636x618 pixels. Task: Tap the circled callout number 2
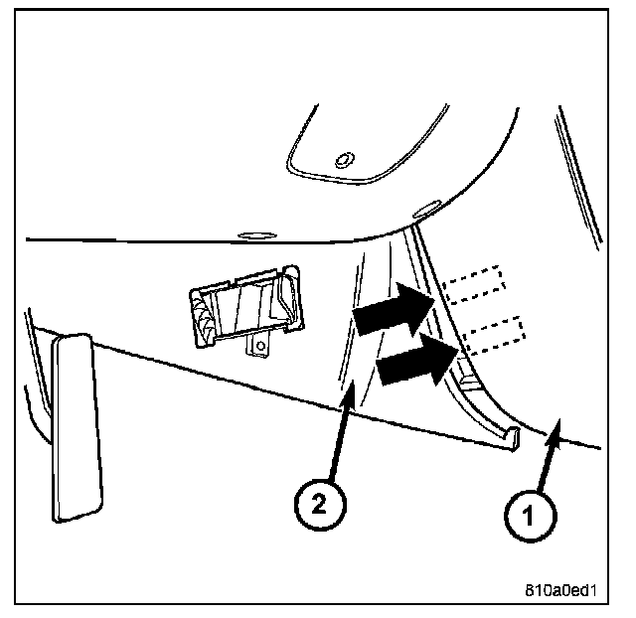click(x=315, y=504)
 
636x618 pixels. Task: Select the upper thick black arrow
click(x=391, y=308)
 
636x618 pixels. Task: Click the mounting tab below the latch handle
click(x=259, y=345)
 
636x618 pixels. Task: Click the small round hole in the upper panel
click(x=344, y=159)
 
